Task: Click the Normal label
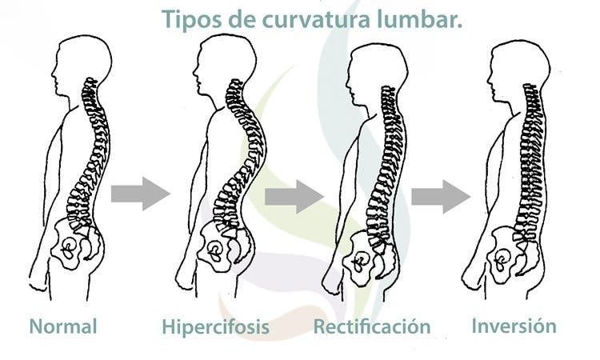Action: click(x=63, y=326)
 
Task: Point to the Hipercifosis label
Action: click(x=215, y=327)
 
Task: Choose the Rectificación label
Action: click(x=372, y=326)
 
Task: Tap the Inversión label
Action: click(x=514, y=326)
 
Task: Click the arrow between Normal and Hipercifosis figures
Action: click(x=141, y=194)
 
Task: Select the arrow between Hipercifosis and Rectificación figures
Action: click(x=294, y=196)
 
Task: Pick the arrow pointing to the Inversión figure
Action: click(x=441, y=196)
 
